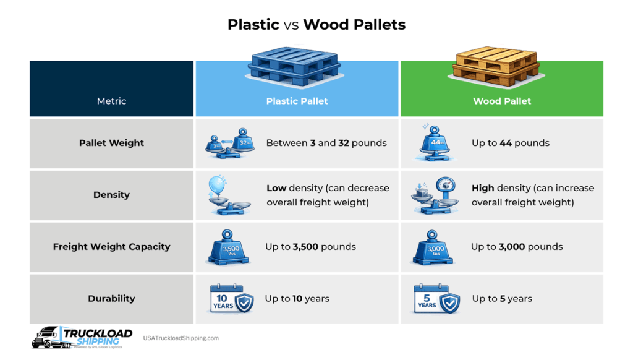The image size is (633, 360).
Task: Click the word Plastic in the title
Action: point(253,25)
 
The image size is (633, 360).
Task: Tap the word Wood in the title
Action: point(325,25)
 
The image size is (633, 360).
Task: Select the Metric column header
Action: point(111,101)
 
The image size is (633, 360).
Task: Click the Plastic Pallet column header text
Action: point(297,101)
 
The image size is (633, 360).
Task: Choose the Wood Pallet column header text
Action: point(502,101)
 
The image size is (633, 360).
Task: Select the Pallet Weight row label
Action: point(111,143)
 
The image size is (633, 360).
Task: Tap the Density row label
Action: point(111,195)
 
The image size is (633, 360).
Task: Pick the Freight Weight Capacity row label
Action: point(111,246)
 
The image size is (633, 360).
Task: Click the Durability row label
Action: point(111,298)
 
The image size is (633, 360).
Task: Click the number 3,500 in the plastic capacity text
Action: point(307,246)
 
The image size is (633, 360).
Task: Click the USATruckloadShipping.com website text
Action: point(181,338)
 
